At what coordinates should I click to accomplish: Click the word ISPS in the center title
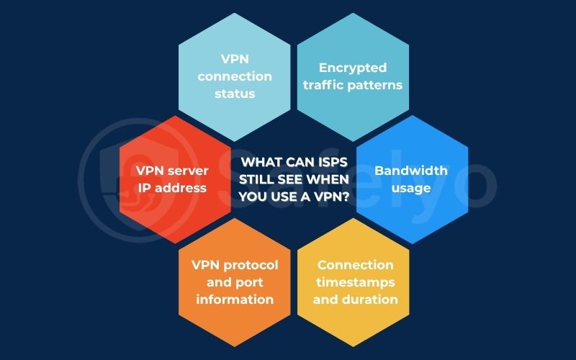pyautogui.click(x=336, y=163)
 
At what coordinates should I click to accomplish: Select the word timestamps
pyautogui.click(x=356, y=282)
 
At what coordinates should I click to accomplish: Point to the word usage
pyautogui.click(x=411, y=188)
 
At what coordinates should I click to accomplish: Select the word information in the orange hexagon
pyautogui.click(x=234, y=299)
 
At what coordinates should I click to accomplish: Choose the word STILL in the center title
pyautogui.click(x=261, y=180)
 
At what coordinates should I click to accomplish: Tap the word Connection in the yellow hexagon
pyautogui.click(x=356, y=265)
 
